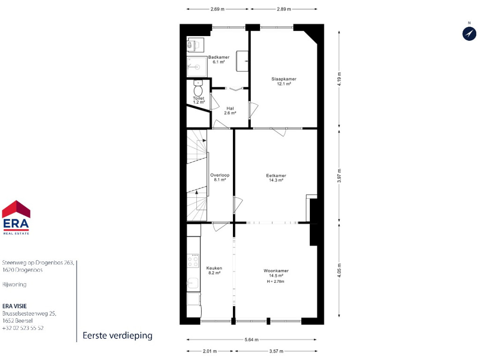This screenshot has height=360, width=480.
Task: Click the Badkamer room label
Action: tap(218, 57)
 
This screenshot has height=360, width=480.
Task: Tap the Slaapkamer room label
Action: tap(284, 79)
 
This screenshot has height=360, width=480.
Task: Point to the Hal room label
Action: tap(230, 108)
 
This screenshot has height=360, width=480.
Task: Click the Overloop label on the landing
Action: tap(220, 175)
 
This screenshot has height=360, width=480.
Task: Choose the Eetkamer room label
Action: tap(276, 175)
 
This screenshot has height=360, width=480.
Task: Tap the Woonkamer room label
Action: tap(276, 270)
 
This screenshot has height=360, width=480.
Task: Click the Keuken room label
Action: tap(214, 268)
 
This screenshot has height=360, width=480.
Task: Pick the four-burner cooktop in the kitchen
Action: tap(193, 261)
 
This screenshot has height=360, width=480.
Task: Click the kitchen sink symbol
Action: tap(193, 283)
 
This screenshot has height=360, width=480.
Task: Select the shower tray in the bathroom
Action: tap(197, 67)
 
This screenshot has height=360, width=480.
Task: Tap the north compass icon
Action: tap(469, 33)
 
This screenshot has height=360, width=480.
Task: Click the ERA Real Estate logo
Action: tap(16, 217)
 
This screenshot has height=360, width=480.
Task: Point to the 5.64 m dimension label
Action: tap(251, 339)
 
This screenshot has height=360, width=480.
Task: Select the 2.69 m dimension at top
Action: tap(217, 9)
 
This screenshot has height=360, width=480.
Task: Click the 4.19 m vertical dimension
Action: tap(339, 79)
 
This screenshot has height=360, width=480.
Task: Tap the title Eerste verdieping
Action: tap(118, 336)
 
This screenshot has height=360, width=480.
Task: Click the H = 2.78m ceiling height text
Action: tap(276, 281)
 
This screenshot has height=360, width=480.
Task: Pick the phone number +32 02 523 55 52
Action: tap(23, 328)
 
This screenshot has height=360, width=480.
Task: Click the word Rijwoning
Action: tap(15, 285)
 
